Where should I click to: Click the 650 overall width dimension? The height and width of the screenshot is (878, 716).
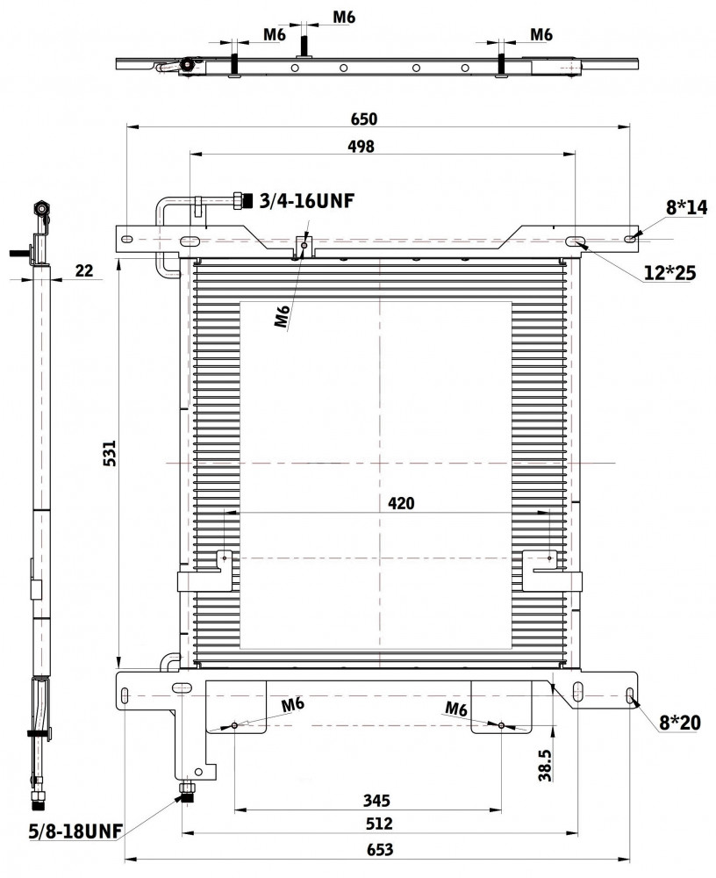(x=364, y=119)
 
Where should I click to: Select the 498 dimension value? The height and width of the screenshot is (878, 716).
(x=361, y=146)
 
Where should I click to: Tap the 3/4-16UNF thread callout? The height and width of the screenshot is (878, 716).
(x=307, y=200)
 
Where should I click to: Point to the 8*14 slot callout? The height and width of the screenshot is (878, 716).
(x=686, y=208)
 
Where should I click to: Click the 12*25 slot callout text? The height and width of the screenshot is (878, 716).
(x=669, y=273)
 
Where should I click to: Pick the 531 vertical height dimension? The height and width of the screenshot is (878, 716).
(x=109, y=453)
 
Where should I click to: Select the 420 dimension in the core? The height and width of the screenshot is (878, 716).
(x=401, y=503)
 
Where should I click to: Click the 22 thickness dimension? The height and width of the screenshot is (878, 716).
(x=84, y=270)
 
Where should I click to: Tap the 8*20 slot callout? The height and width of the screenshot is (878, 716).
(x=680, y=723)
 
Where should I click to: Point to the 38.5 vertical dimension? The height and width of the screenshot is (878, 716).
(x=544, y=766)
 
